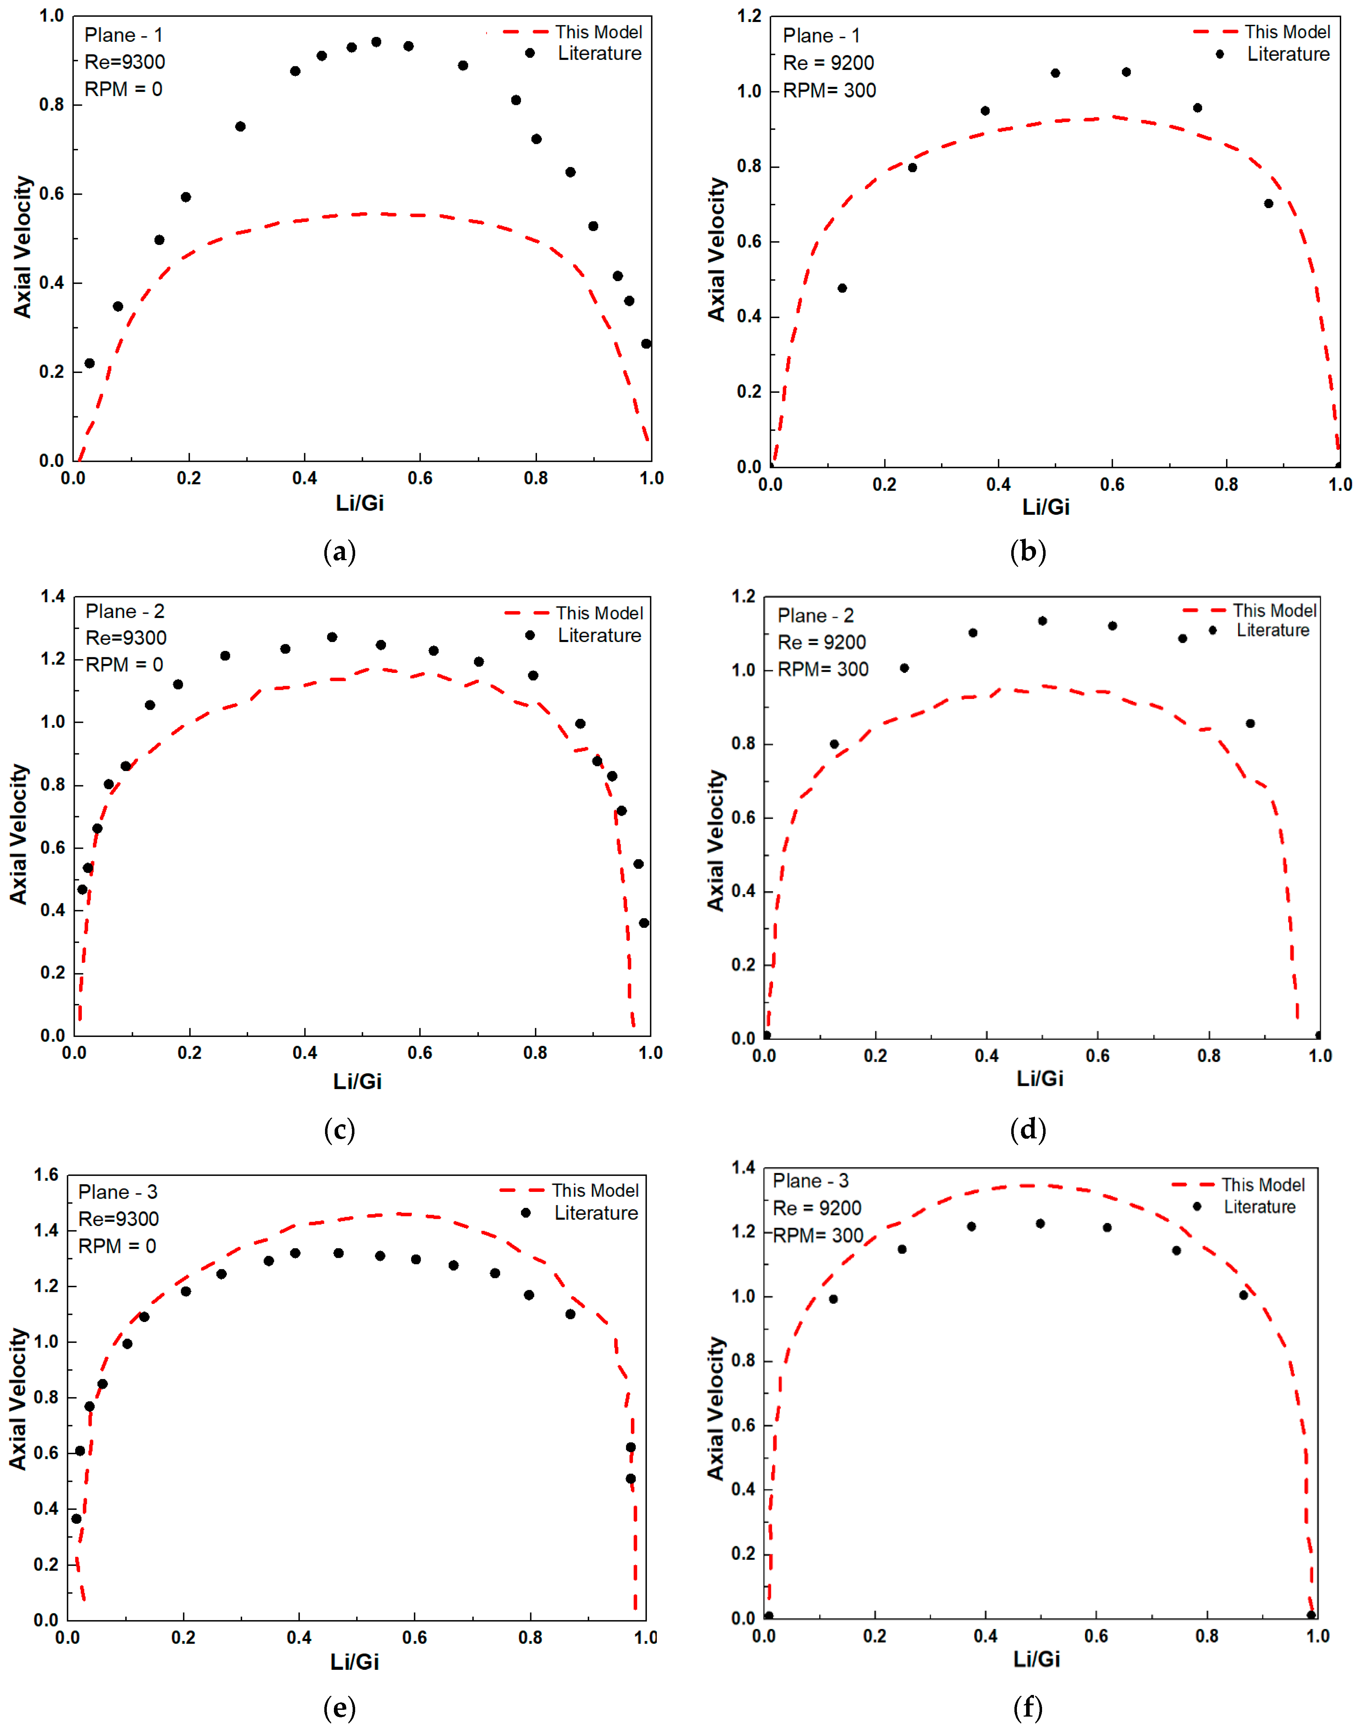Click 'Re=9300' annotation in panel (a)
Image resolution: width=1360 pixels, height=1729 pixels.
125,62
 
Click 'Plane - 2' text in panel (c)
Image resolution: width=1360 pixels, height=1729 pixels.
125,612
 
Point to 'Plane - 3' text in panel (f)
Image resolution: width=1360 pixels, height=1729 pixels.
811,1181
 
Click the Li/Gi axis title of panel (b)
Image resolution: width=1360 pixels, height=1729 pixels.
1046,507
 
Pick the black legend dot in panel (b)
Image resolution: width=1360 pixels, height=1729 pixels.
1219,54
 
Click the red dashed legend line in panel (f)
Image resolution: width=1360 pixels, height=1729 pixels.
1192,1185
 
